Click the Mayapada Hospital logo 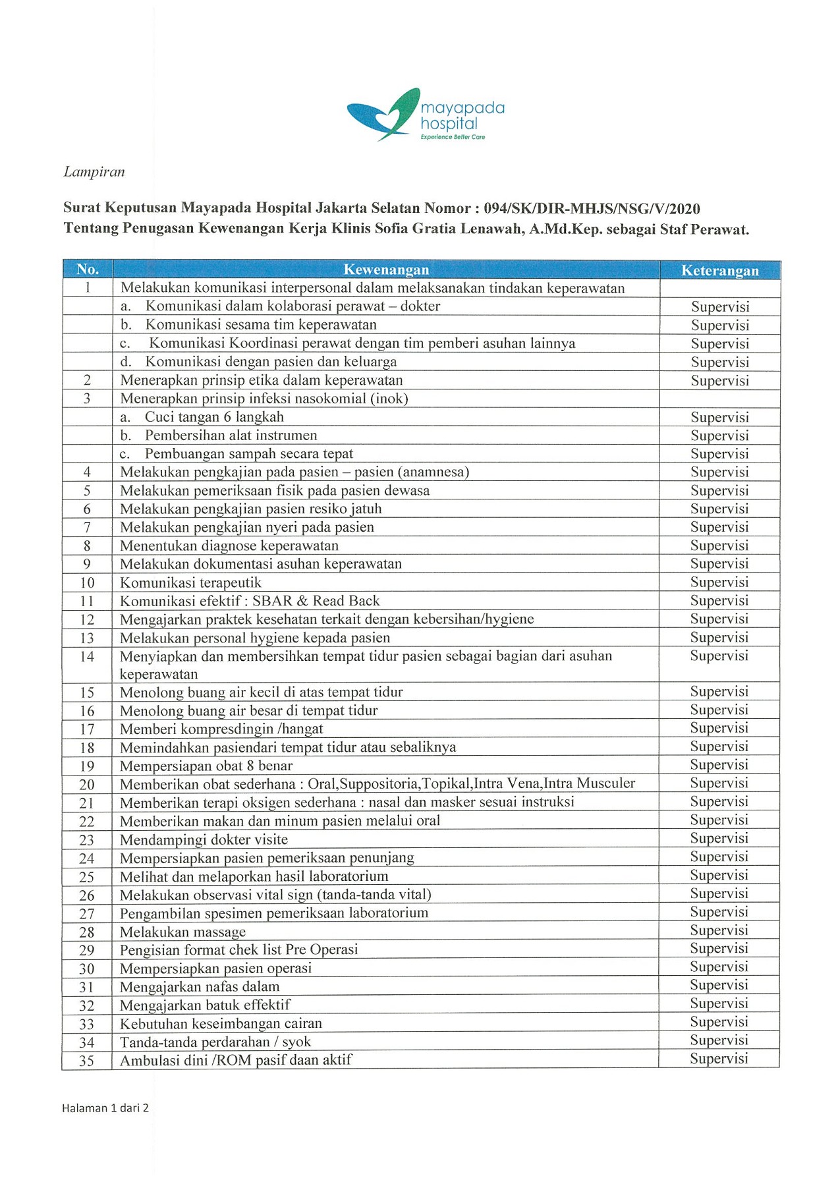(x=425, y=114)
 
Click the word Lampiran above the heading (x=94, y=172)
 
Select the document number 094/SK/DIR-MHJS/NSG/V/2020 (x=592, y=209)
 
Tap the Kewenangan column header (x=386, y=269)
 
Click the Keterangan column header (x=719, y=270)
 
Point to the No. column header (x=88, y=269)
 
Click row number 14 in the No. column (x=87, y=657)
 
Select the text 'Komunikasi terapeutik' (x=190, y=582)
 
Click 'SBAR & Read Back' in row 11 (x=316, y=601)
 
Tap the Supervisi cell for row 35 (x=719, y=1058)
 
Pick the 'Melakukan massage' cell (x=182, y=932)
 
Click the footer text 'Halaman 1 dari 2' (x=105, y=1108)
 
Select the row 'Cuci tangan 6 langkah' (x=214, y=417)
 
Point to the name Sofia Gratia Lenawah (x=440, y=229)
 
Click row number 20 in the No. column (x=87, y=785)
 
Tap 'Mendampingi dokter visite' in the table (x=204, y=839)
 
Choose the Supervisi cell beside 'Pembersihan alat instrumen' (x=719, y=436)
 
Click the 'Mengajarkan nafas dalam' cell (x=200, y=986)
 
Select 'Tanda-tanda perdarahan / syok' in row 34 (x=215, y=1042)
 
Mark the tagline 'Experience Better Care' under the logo (x=453, y=137)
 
